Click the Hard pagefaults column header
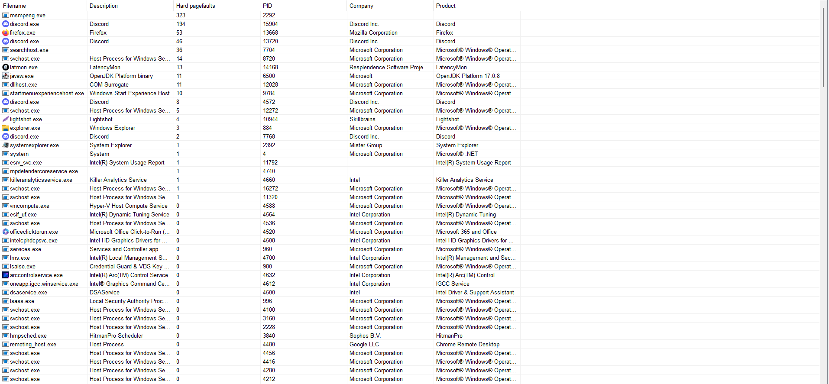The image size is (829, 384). tap(195, 6)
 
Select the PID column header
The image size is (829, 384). tap(267, 6)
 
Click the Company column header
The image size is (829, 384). tap(361, 6)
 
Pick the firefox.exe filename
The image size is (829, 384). tap(23, 32)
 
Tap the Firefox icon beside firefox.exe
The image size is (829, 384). tap(6, 32)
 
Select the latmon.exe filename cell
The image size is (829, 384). tap(24, 67)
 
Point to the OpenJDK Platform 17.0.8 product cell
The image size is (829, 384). tap(468, 76)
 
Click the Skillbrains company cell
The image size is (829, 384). tap(363, 119)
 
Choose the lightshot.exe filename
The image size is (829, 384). tap(26, 119)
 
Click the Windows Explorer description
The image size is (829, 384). tap(112, 128)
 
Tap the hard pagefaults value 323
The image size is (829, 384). tap(181, 15)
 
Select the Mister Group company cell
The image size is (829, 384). tap(366, 145)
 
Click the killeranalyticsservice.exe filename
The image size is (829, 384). tap(41, 180)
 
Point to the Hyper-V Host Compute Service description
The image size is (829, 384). tap(128, 206)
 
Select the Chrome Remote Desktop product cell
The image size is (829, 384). tap(468, 344)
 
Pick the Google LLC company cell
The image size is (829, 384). tap(364, 344)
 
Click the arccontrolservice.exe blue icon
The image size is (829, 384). tap(6, 275)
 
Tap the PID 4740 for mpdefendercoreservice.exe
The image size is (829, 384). tap(269, 171)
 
